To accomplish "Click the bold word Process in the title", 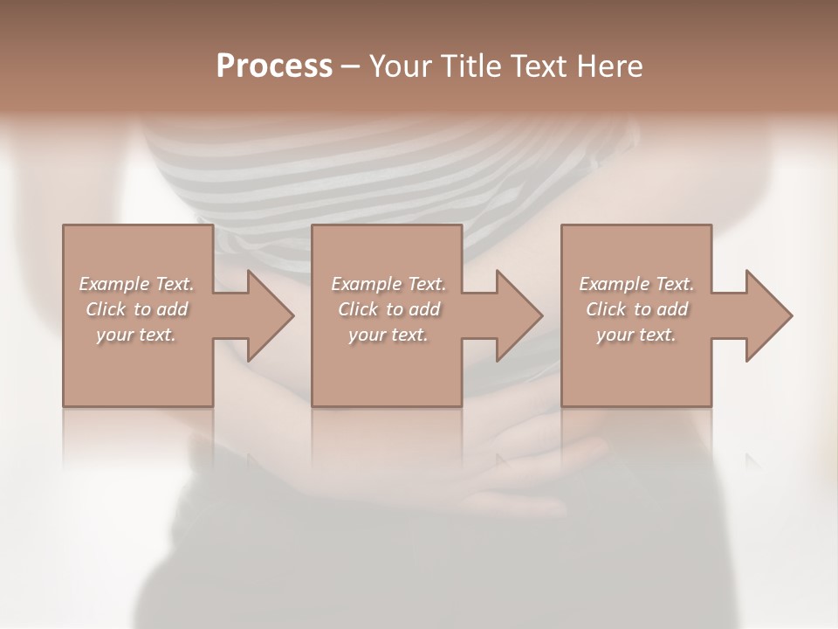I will (274, 66).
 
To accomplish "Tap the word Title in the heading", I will (471, 66).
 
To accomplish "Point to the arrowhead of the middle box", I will (518, 315).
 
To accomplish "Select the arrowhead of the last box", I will (767, 315).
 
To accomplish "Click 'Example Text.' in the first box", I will (137, 284).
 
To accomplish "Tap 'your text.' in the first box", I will (137, 335).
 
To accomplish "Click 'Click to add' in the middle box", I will (388, 309).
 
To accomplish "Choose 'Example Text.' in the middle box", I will (388, 284).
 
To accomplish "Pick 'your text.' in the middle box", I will (388, 335).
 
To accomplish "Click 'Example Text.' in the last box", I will (636, 284).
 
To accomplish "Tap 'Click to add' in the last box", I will (636, 309).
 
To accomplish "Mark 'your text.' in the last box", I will (636, 335).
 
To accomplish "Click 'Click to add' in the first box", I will (137, 309).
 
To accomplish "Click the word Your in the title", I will (400, 66).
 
